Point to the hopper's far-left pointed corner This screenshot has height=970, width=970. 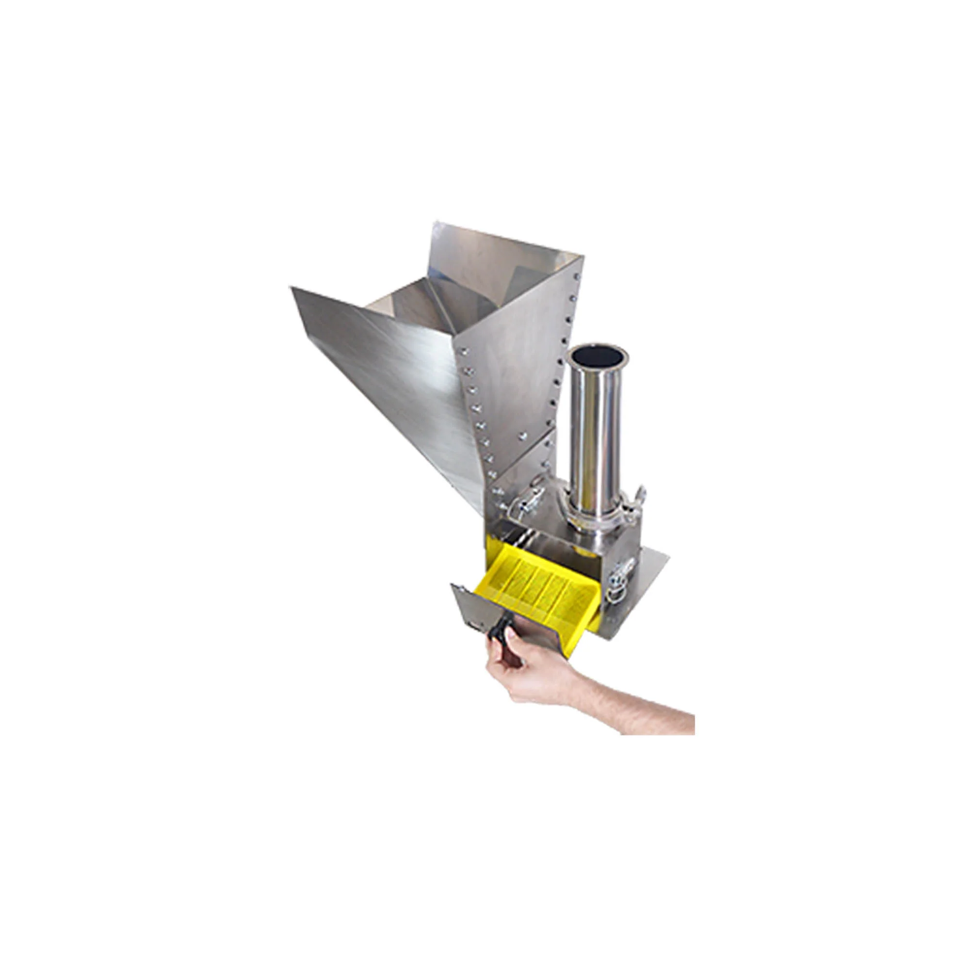pyautogui.click(x=292, y=288)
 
